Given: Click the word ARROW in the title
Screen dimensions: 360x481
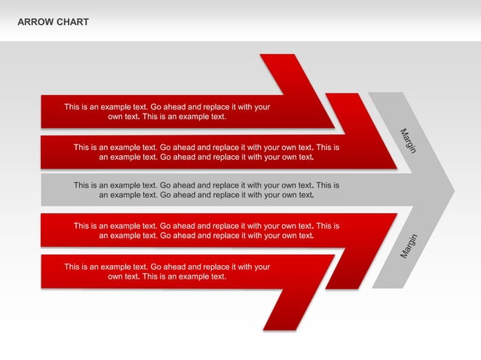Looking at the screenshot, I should (35, 22).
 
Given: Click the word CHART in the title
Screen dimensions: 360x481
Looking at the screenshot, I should (72, 22).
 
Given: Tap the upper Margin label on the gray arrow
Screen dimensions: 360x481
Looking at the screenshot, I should (409, 142).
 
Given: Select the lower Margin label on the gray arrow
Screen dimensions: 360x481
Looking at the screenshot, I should (409, 246).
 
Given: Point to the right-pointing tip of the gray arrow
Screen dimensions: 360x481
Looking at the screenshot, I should (454, 189).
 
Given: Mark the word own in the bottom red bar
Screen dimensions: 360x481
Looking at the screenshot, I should (115, 276).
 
